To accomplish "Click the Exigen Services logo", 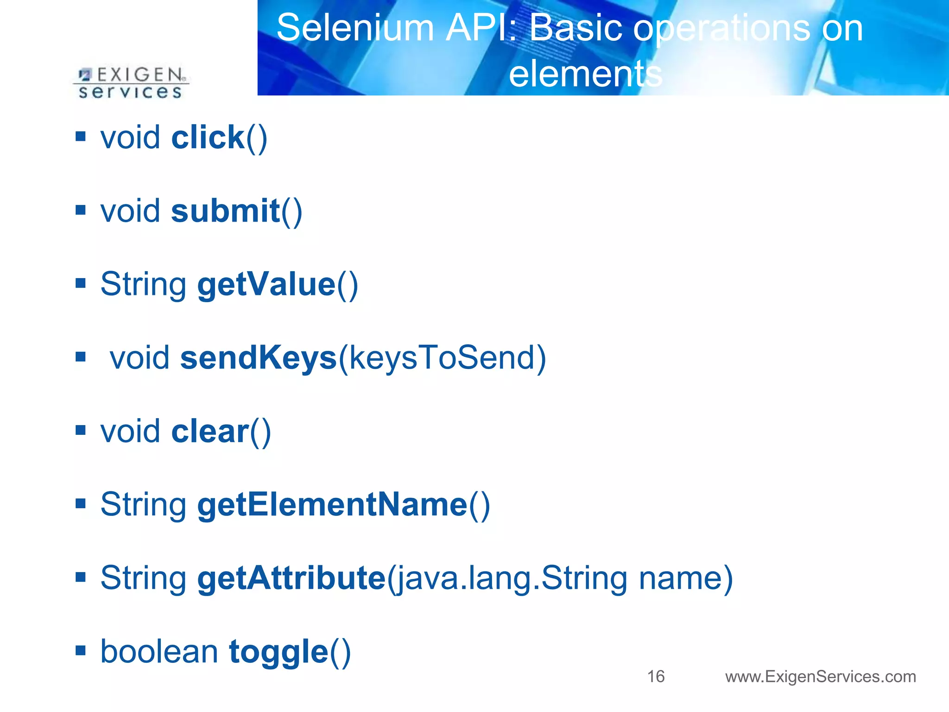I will (x=131, y=83).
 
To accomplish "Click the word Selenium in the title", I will (x=355, y=28).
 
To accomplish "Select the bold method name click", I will (x=208, y=138).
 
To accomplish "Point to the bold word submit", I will (x=225, y=211).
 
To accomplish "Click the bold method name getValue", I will (x=266, y=284).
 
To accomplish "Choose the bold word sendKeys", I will (x=258, y=358).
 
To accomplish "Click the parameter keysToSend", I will (x=442, y=358).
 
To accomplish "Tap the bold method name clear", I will (x=210, y=431).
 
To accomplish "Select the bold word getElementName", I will (x=332, y=504).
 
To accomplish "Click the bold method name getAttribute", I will (x=291, y=578).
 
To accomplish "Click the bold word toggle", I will (x=278, y=652).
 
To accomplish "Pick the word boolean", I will (x=159, y=652).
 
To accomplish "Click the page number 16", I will (x=655, y=676).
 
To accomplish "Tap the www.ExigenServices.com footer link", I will (x=820, y=676).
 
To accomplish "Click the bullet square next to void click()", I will (x=81, y=136).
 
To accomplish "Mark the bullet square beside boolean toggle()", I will (x=81, y=650).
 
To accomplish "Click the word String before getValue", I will (x=143, y=284).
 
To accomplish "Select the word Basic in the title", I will (x=576, y=28).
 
